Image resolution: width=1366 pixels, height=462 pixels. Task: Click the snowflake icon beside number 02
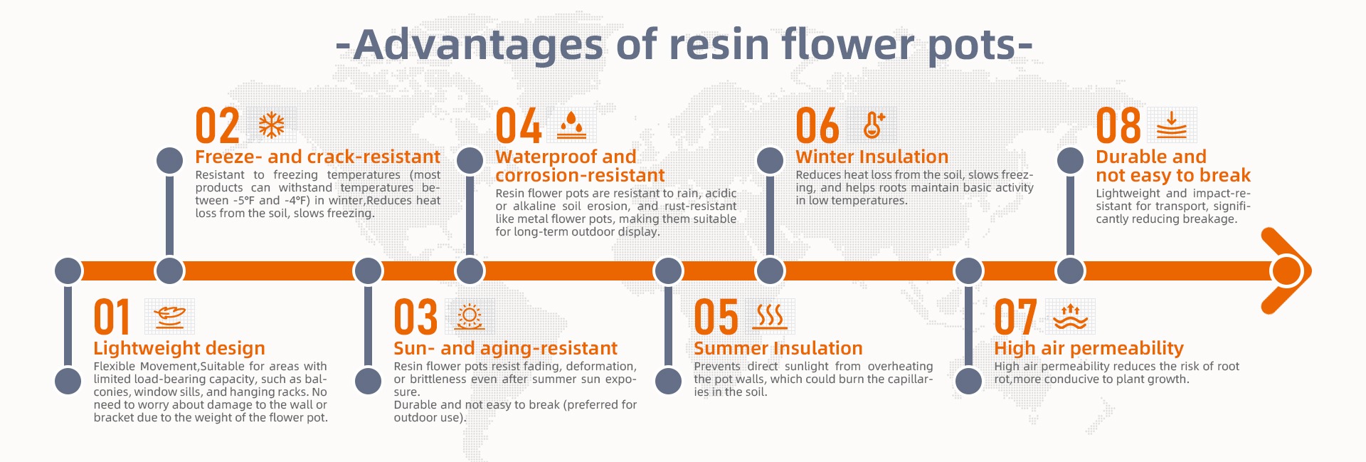pos(271,125)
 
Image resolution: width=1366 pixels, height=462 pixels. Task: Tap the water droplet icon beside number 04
pos(571,125)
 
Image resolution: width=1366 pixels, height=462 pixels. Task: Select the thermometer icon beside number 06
pos(873,125)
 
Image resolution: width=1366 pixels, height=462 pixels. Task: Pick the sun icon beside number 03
pos(470,317)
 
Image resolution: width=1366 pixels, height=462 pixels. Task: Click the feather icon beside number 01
pos(169,317)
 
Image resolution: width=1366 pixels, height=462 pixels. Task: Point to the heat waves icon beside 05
pos(770,317)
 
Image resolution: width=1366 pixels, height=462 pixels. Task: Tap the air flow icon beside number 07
pos(1070,317)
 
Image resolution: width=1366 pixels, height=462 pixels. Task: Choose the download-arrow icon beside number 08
pos(1172,125)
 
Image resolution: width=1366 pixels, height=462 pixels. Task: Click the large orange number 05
pos(716,317)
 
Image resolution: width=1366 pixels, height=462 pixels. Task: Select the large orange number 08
pos(1118,126)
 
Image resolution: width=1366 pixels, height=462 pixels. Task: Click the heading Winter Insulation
pos(872,157)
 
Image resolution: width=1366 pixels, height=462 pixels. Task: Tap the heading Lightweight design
pos(179,348)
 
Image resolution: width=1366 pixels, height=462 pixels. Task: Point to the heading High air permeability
pos(1089,348)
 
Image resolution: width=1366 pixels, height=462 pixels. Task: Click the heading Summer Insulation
pos(778,348)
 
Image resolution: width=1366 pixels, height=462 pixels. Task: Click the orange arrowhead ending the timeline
pos(1286,271)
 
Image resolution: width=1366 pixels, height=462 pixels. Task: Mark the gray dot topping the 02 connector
pos(169,161)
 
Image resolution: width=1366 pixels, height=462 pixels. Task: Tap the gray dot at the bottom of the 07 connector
pos(968,381)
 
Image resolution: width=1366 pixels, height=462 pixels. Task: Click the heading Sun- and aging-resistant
pos(506,348)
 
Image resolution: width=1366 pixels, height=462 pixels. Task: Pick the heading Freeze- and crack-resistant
pos(318,157)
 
